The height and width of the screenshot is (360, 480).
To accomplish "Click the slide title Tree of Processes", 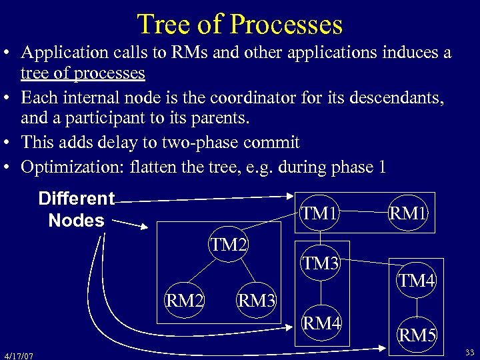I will coord(239,24).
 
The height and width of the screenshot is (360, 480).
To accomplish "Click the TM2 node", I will coord(229,245).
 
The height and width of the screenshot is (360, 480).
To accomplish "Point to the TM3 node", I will coord(321,263).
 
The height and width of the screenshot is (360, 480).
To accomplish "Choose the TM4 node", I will coord(417,281).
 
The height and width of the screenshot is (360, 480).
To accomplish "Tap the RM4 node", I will coord(321,325).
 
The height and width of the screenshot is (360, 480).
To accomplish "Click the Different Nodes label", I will coord(77,209).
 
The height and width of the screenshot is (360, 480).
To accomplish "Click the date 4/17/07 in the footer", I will coord(18,355).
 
